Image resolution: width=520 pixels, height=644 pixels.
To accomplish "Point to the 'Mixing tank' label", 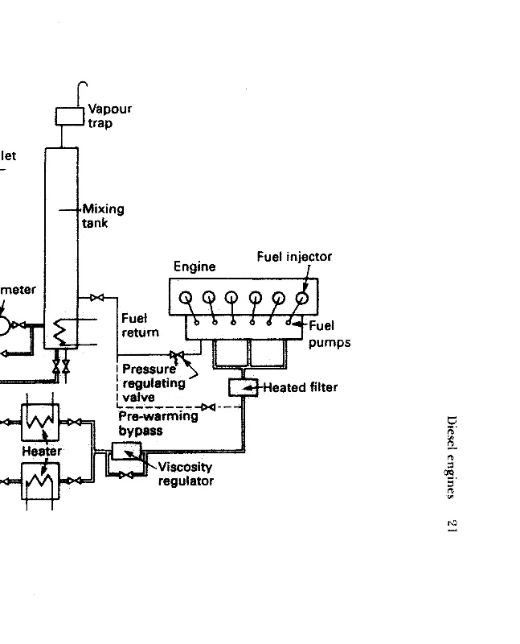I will click(103, 216).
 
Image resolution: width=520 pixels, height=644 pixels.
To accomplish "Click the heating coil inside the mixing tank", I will click(59, 330).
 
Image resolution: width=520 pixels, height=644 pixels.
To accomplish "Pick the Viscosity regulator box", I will click(123, 452).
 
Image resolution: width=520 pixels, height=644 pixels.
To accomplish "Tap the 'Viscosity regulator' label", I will click(186, 474).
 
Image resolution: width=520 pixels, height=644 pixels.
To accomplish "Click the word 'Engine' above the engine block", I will click(194, 266).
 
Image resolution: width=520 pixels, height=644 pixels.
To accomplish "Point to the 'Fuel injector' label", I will click(294, 257).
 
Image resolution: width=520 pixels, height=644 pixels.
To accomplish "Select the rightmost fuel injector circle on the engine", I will click(302, 297).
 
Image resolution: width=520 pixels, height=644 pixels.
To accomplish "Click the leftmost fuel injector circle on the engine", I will click(186, 297).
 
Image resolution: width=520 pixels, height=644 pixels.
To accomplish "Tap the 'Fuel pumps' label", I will click(330, 334).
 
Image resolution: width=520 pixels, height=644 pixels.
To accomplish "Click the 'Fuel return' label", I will click(140, 325).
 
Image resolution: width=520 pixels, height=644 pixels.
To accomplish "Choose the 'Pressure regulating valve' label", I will click(154, 383).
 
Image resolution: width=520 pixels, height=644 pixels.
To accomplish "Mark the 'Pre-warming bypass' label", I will click(158, 423).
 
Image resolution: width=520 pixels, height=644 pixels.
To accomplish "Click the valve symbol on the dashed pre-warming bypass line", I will click(209, 407).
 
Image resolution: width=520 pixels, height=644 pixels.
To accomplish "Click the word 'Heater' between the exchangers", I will click(41, 452).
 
